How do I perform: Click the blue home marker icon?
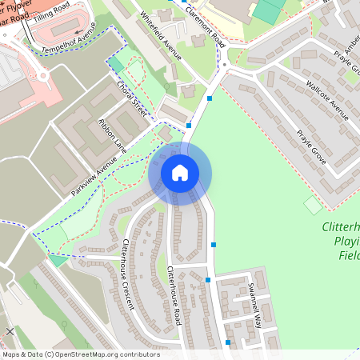pos(180,172)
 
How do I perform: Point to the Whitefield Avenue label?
pos(161,36)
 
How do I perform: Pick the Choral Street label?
pos(131,97)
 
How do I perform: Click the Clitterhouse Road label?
pos(174,296)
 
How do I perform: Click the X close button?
pos(10,330)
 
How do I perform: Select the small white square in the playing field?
pos(313,205)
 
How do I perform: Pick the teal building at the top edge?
pos(269,10)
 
